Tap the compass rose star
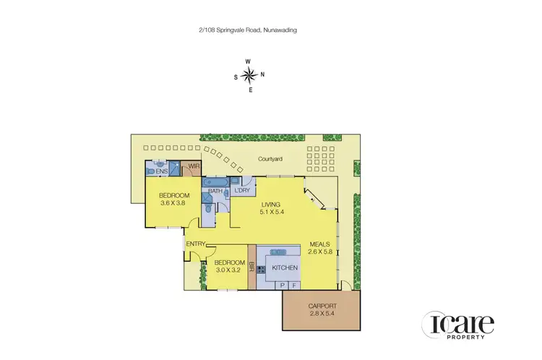tap(249, 75)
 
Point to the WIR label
tap(193, 168)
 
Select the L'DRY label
tap(241, 190)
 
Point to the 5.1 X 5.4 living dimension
tap(272, 213)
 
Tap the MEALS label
tap(319, 244)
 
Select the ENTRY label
tap(196, 244)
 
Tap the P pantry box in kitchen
tap(281, 286)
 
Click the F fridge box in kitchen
tap(293, 286)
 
